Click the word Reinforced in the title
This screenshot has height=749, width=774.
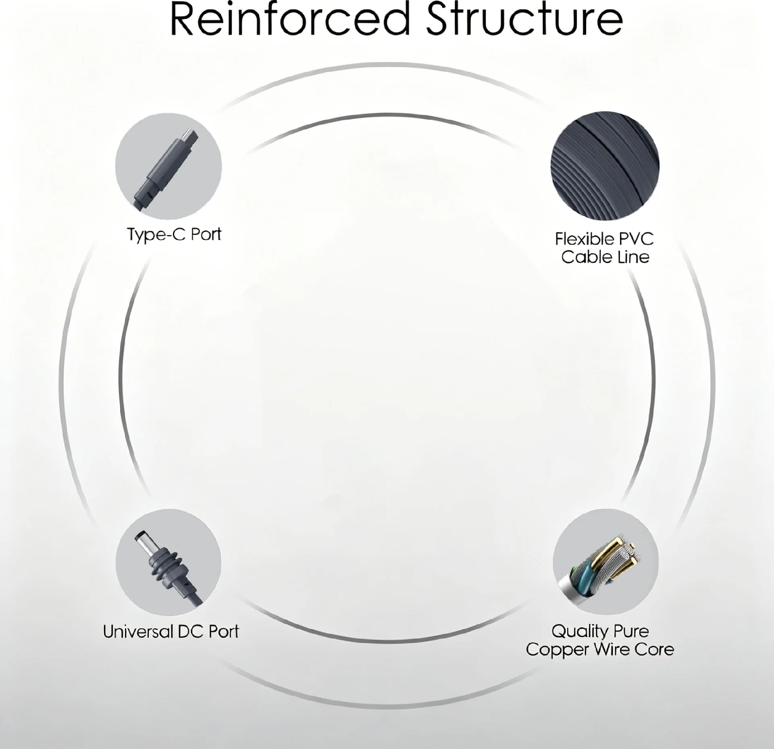tap(289, 19)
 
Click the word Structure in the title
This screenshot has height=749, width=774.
tap(524, 19)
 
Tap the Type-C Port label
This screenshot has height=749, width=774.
tap(174, 235)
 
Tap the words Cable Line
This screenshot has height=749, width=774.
tap(605, 257)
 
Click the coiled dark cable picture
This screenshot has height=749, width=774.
tap(605, 166)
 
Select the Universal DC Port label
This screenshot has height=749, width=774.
tap(171, 631)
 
